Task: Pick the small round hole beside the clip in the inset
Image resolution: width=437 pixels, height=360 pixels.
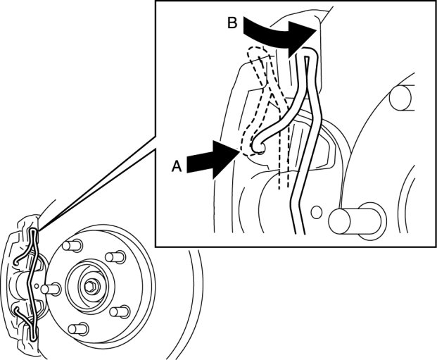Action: [x=316, y=210]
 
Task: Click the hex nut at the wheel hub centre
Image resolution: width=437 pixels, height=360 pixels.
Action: [x=93, y=285]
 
